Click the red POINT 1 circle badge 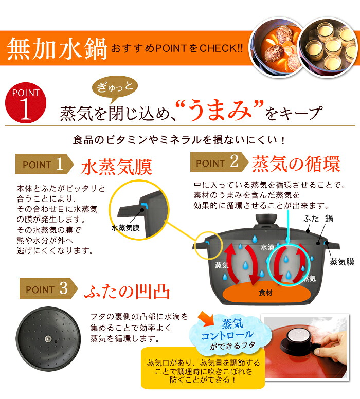[x=26, y=103]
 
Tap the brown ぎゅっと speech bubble [x=115, y=87]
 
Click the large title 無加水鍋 [x=57, y=48]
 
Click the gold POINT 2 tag [x=220, y=162]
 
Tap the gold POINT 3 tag [x=49, y=288]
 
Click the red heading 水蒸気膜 [x=117, y=167]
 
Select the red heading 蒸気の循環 [x=296, y=164]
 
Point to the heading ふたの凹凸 [x=127, y=292]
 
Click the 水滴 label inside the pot [x=267, y=247]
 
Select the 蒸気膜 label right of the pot [x=342, y=262]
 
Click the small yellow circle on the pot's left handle [x=209, y=246]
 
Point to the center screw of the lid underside [x=48, y=339]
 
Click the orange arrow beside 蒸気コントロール [x=207, y=318]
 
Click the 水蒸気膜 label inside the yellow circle [x=125, y=228]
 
